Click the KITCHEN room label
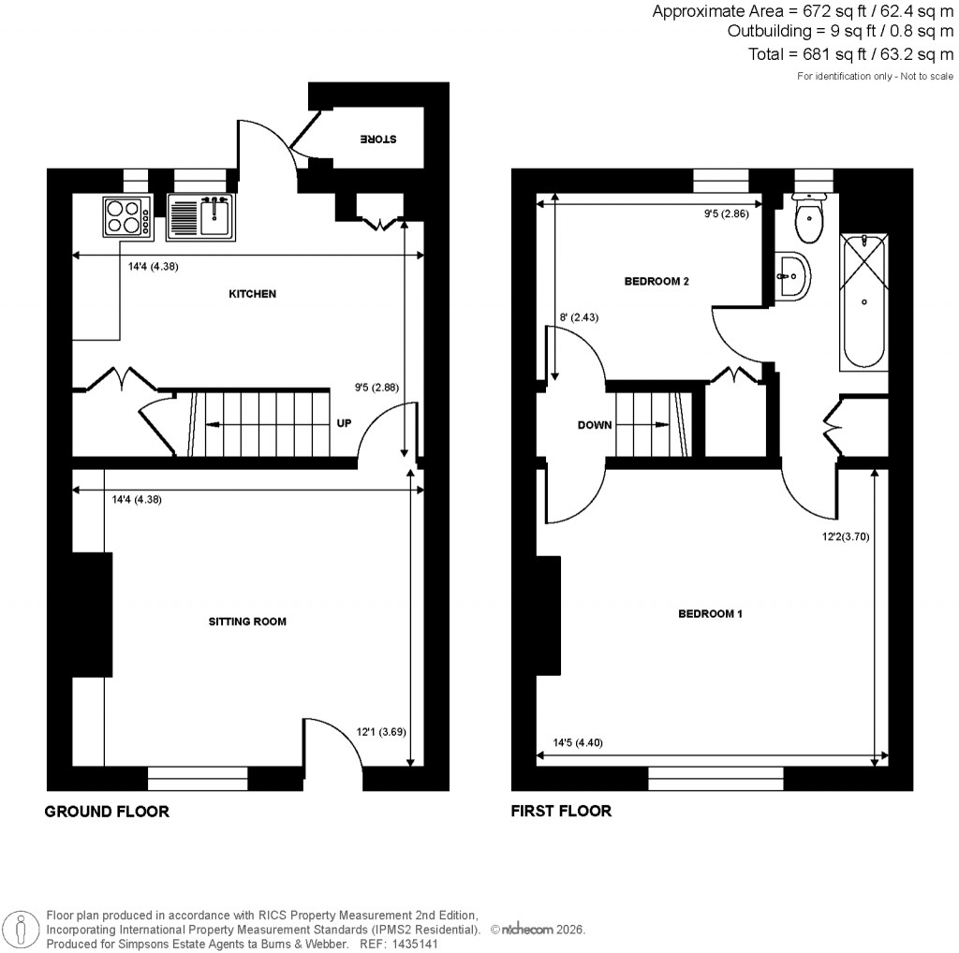click(253, 294)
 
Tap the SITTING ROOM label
click(247, 622)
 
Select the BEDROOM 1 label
click(710, 614)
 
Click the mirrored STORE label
click(378, 139)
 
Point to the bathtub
click(863, 300)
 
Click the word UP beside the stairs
click(344, 423)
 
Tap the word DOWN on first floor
click(594, 425)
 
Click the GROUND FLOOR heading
click(107, 812)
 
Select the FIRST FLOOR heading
click(561, 811)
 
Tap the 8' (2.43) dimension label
click(579, 317)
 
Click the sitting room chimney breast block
click(92, 614)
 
